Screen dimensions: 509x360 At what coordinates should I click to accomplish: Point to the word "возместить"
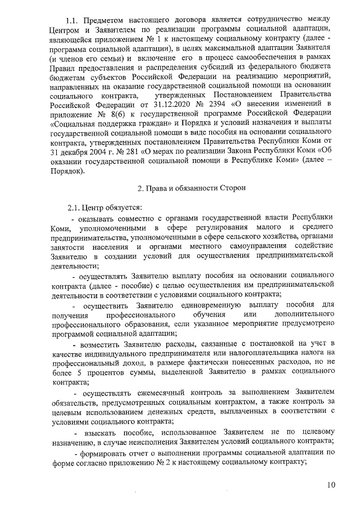103,344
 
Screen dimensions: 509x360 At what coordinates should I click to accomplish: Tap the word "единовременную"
211,306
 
